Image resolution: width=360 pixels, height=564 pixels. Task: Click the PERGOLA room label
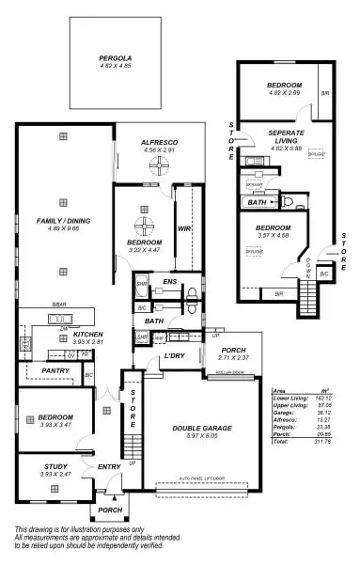tap(115, 58)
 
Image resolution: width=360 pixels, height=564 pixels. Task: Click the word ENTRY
tap(109, 467)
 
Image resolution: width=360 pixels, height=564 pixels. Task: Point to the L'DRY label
tap(174, 356)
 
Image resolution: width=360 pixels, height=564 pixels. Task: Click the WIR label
tap(184, 227)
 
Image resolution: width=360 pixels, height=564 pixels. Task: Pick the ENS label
tap(169, 281)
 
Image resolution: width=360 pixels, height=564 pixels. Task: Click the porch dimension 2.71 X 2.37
tap(232, 358)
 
